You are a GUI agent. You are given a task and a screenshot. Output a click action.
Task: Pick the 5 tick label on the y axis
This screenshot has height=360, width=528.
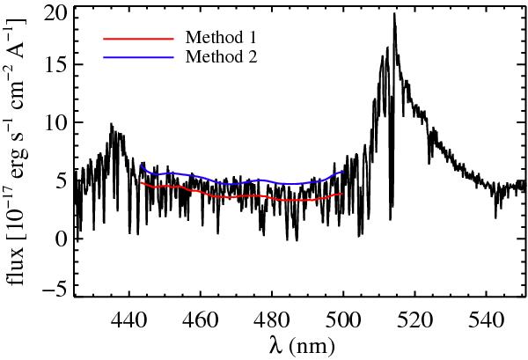59,182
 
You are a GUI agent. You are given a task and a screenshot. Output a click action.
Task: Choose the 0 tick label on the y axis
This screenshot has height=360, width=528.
59,239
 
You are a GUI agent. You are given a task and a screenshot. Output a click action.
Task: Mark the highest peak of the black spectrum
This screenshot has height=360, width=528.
394,13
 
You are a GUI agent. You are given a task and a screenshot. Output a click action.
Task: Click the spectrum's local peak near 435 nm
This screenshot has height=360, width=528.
112,124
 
